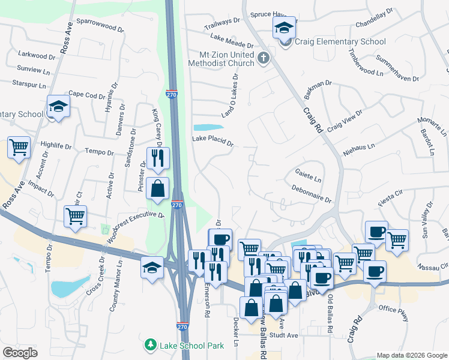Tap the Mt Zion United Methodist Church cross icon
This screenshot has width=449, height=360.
click(x=263, y=58)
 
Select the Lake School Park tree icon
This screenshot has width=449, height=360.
click(x=150, y=345)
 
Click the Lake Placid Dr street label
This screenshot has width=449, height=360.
click(x=212, y=140)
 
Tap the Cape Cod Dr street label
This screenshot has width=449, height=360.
click(x=86, y=94)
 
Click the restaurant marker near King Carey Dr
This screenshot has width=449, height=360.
click(x=158, y=158)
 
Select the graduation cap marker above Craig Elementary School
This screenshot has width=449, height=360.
click(x=285, y=27)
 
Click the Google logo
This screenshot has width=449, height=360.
click(x=20, y=352)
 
